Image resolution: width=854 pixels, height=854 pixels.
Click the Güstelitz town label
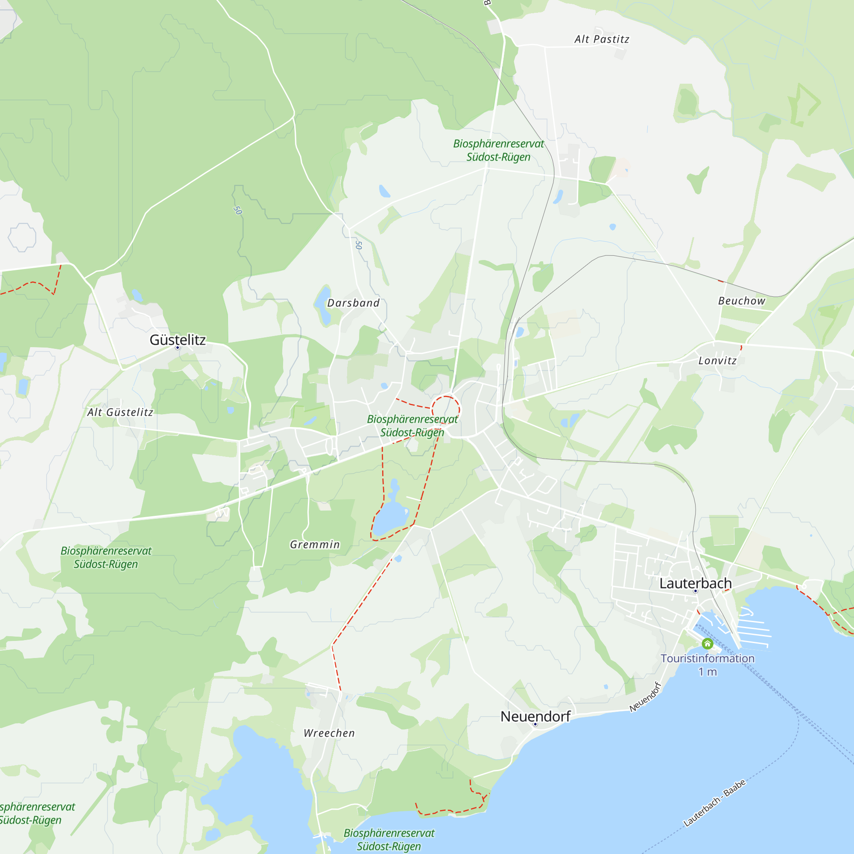(x=178, y=339)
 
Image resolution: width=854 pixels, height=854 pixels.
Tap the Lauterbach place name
(x=695, y=583)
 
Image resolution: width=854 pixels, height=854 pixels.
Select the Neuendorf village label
(x=535, y=716)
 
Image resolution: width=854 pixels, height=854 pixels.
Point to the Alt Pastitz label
(x=602, y=39)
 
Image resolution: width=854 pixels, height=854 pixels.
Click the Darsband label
(x=353, y=303)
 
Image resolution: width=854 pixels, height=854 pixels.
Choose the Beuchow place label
(x=741, y=301)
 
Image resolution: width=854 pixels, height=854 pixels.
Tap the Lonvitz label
(x=717, y=361)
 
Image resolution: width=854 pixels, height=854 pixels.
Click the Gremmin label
(x=315, y=544)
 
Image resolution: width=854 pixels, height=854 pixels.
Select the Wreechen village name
(x=329, y=733)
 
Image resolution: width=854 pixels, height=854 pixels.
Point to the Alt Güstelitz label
(x=120, y=412)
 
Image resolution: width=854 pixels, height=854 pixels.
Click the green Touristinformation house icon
(x=707, y=643)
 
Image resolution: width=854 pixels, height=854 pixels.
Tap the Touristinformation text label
(x=707, y=658)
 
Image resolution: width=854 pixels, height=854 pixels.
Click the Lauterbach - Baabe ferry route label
(x=714, y=803)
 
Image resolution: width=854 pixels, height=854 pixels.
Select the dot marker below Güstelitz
(x=178, y=348)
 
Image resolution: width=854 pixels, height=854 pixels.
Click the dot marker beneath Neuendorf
(x=535, y=725)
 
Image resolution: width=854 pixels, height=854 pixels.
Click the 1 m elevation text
(x=707, y=672)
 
